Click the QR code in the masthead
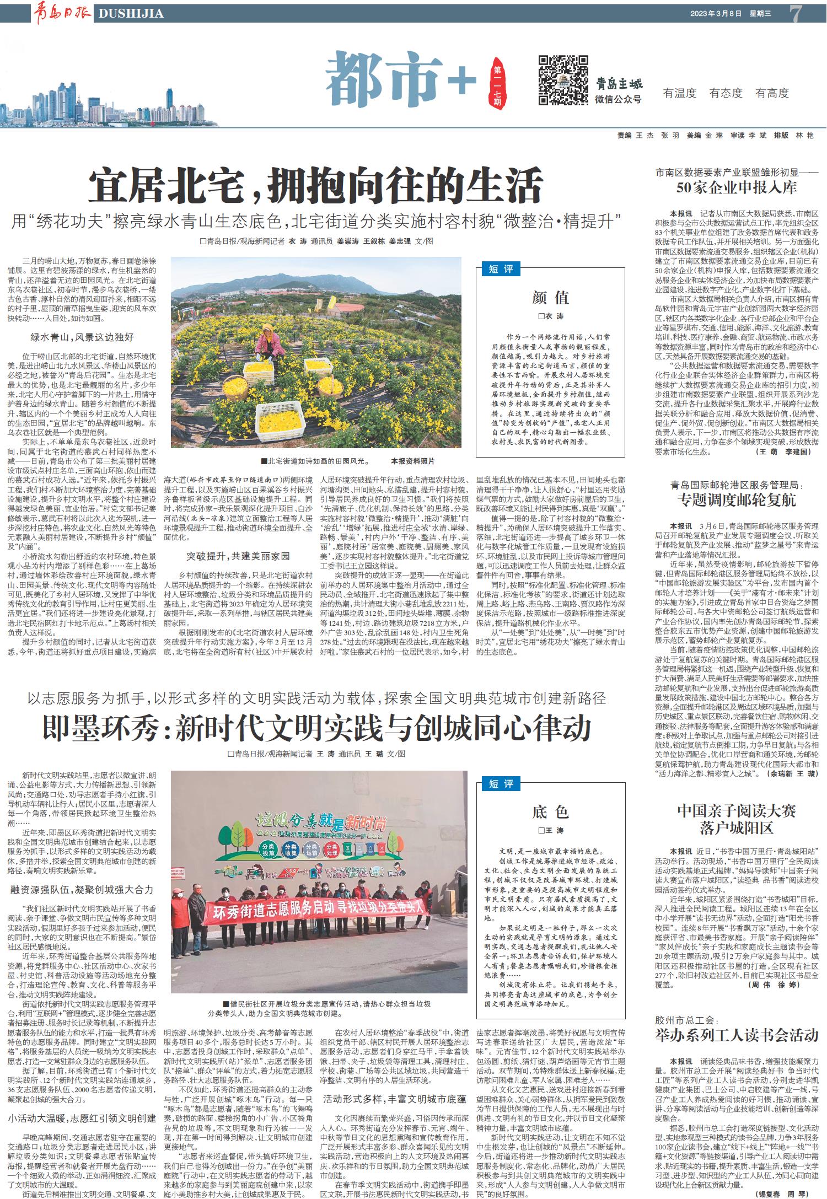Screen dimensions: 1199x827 point(563,80)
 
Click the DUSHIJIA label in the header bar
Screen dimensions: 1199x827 point(131,13)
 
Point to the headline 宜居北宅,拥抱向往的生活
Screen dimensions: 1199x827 point(315,186)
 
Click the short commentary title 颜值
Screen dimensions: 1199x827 point(550,298)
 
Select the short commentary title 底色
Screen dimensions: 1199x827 point(550,811)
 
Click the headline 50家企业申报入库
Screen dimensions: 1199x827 point(737,187)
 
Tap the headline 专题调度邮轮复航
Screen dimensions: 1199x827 point(737,500)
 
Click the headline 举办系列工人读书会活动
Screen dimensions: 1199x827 point(737,1035)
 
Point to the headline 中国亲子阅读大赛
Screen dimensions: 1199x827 point(737,811)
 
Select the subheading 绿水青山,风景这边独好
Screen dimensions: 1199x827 point(82,337)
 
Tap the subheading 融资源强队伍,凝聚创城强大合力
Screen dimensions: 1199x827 point(82,890)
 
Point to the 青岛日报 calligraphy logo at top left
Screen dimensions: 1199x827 point(62,12)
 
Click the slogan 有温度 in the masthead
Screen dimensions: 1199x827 point(680,93)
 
